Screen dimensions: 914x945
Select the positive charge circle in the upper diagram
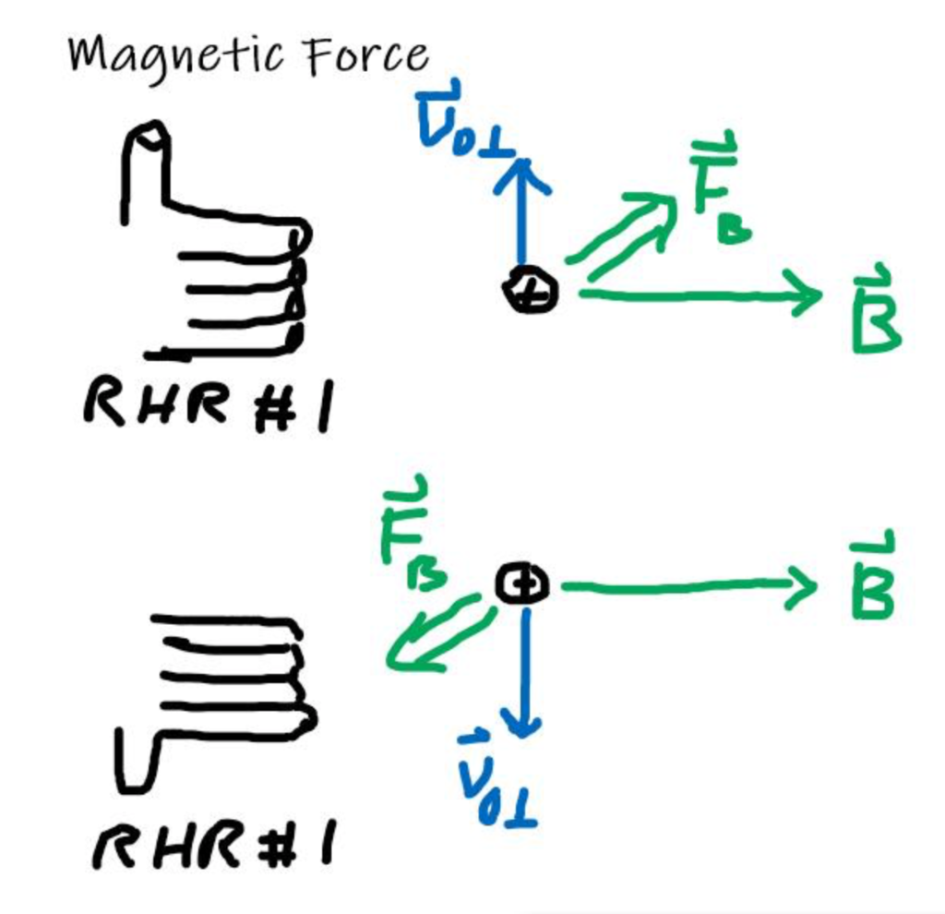[530, 292]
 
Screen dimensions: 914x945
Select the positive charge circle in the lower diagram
[522, 583]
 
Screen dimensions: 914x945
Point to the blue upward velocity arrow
[522, 212]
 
